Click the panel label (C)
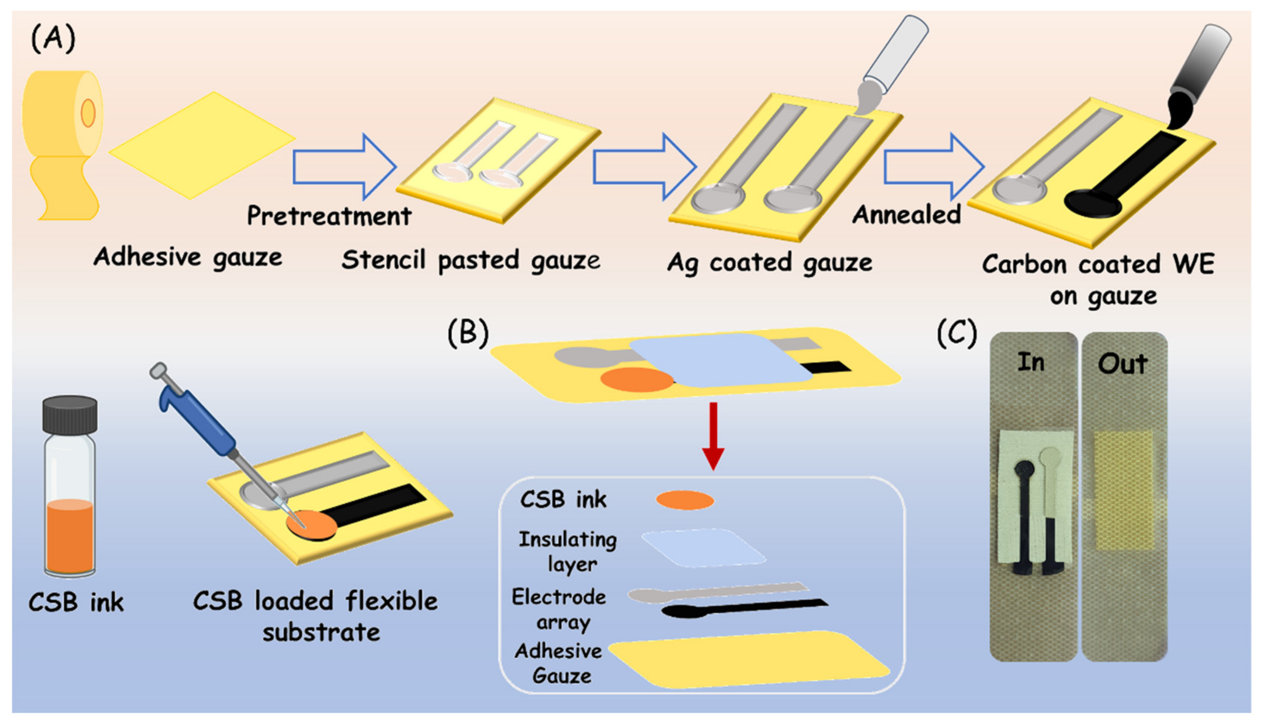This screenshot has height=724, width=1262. [956, 333]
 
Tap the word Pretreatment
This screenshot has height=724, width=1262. [329, 216]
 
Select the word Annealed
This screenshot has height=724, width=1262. [906, 215]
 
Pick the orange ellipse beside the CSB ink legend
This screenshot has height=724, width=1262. [685, 500]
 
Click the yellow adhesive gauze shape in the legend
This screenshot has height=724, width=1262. [746, 659]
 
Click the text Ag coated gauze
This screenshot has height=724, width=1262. [769, 262]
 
